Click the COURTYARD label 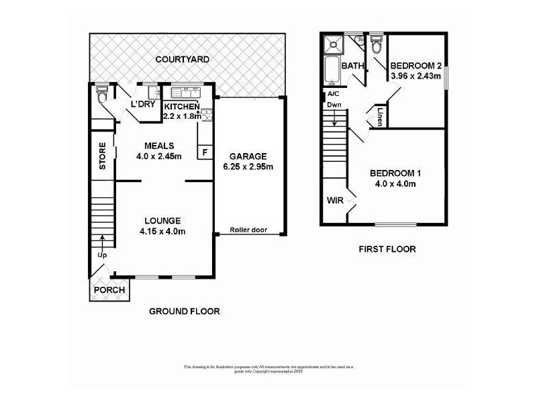pos(182,60)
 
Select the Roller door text pos(248,230)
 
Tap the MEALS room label pos(160,146)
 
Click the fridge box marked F pos(205,152)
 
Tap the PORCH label pos(109,290)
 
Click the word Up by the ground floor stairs pos(103,256)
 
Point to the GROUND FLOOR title pos(184,311)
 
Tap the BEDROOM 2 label pos(416,66)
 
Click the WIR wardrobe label pos(335,200)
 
